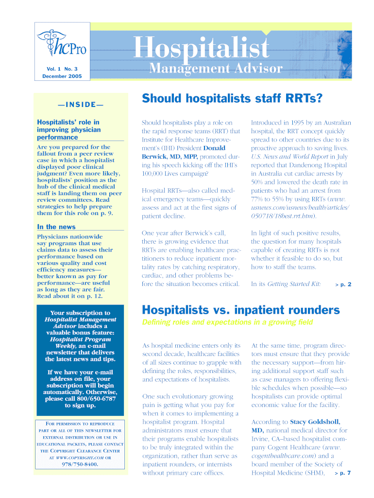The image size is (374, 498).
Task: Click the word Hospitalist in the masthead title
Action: point(202,49)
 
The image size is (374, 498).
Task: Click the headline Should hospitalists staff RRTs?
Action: point(232,100)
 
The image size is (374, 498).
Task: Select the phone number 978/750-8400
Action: point(80,464)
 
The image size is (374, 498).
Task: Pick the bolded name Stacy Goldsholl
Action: point(315,422)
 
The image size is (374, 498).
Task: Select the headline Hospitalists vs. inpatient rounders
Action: point(240,310)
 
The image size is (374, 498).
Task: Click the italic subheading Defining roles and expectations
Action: point(227,322)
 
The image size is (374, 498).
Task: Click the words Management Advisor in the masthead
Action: point(215,69)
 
